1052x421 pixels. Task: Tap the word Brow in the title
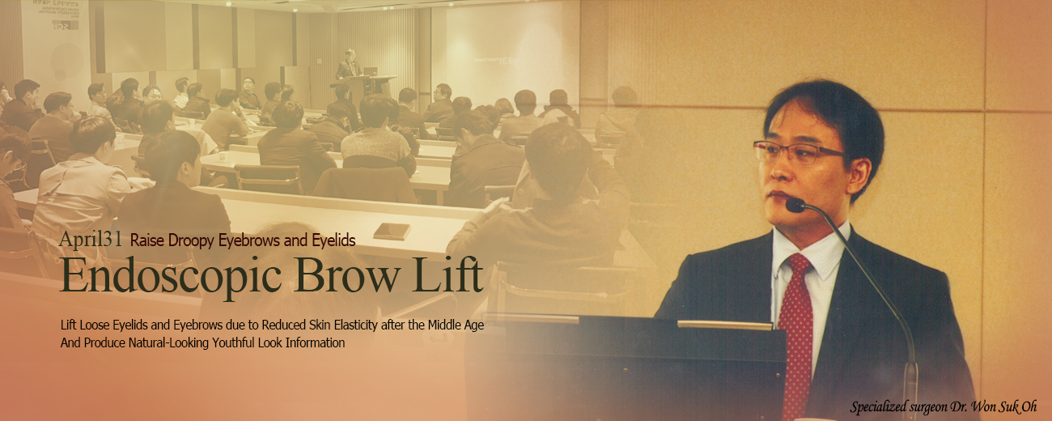pyautogui.click(x=347, y=275)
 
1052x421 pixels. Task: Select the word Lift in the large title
pyautogui.click(x=448, y=274)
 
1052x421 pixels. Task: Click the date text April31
pyautogui.click(x=91, y=239)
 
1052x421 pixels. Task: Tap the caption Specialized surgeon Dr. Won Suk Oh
pyautogui.click(x=944, y=407)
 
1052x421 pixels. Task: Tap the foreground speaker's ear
pyautogui.click(x=859, y=176)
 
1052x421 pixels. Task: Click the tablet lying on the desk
pyautogui.click(x=392, y=231)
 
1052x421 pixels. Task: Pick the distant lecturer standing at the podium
pyautogui.click(x=349, y=65)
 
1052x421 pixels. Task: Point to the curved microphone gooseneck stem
pyautogui.click(x=879, y=291)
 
